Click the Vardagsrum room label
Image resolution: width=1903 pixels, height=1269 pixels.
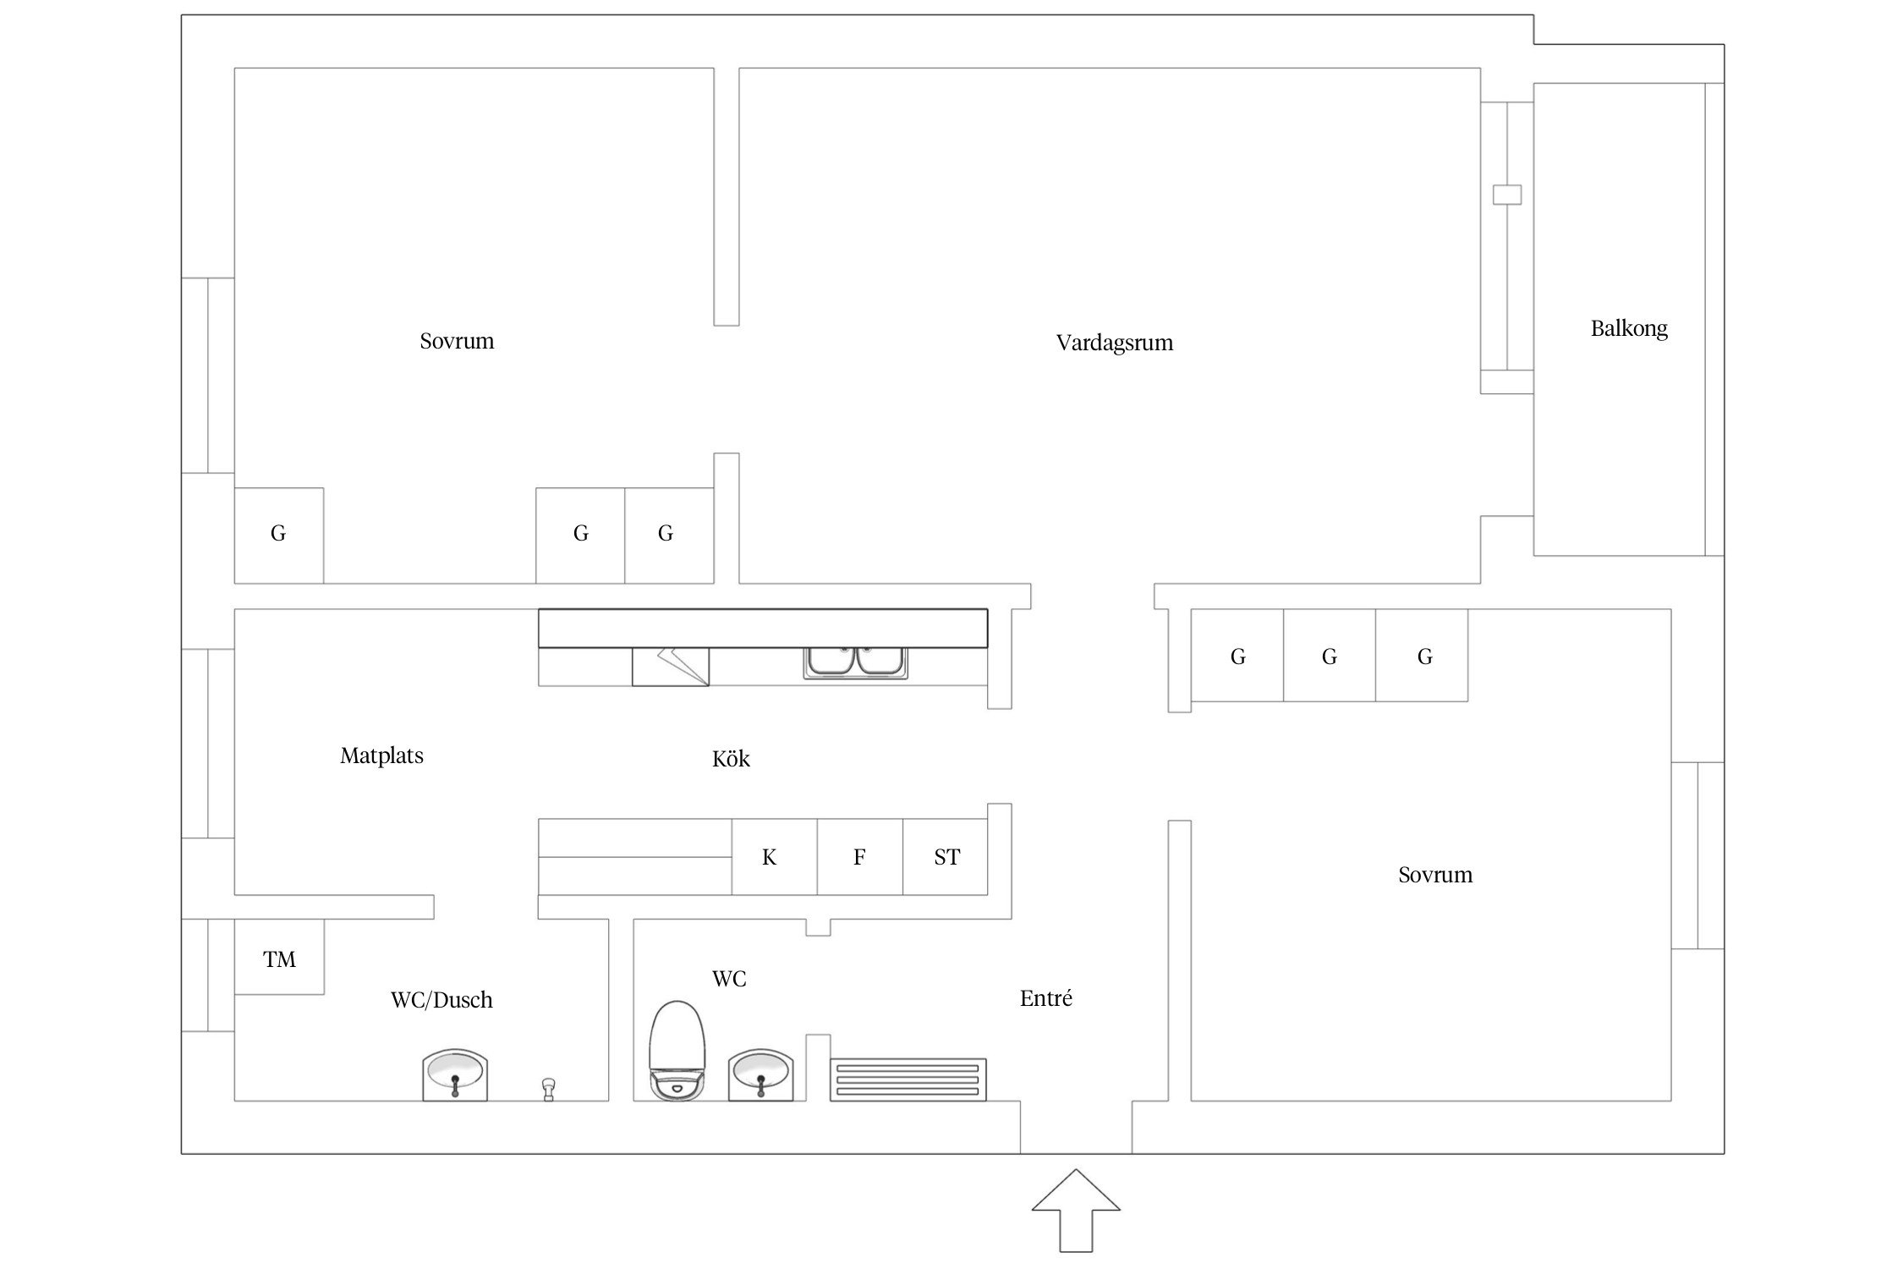coord(1114,343)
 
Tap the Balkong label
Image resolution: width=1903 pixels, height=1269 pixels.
coord(1628,328)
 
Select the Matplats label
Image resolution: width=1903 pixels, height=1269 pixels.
coord(381,755)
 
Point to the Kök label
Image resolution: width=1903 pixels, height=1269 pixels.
coord(731,759)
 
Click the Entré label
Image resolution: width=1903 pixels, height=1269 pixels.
coord(1045,998)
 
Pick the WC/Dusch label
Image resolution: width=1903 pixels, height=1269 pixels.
coord(441,1000)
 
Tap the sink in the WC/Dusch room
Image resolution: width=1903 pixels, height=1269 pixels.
coord(455,1074)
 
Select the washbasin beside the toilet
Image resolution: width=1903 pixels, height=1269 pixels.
coord(760,1074)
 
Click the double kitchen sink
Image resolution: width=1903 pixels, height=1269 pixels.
coord(856,662)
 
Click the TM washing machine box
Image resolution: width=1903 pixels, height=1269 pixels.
coord(279,959)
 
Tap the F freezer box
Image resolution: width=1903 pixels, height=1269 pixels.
coord(859,857)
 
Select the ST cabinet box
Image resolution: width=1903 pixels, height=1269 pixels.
coord(946,857)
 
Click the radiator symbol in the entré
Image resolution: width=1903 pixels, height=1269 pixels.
coord(908,1079)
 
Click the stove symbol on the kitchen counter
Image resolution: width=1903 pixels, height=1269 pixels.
coord(670,667)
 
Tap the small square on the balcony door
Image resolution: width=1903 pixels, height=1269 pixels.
coord(1506,195)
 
